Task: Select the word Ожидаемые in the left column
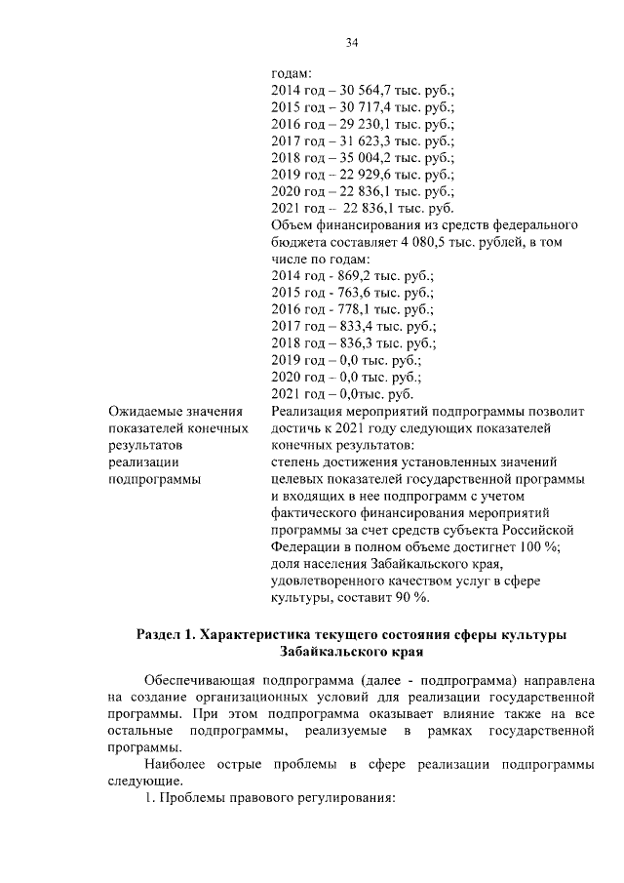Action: click(147, 412)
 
